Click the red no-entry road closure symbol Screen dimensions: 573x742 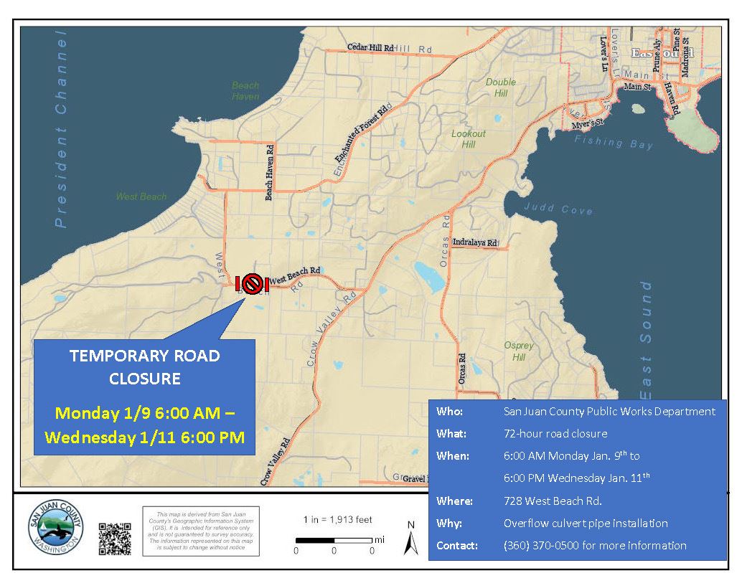[251, 284]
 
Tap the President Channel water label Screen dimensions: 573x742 [60, 129]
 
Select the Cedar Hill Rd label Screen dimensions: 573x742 [370, 47]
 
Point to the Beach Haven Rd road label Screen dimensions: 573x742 [270, 173]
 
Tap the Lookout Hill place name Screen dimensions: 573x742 [469, 139]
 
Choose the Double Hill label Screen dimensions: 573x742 [500, 87]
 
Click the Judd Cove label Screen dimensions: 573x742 [558, 209]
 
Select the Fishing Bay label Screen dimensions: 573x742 [614, 143]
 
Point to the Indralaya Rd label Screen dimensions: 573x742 [475, 243]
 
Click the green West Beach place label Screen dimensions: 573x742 [141, 196]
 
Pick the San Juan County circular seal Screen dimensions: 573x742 [55, 531]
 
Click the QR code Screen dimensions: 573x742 [115, 539]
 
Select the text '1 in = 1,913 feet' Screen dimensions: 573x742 [337, 520]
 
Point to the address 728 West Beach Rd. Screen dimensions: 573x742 [552, 501]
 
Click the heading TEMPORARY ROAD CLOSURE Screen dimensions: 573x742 [145, 366]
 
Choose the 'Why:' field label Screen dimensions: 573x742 [449, 523]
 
